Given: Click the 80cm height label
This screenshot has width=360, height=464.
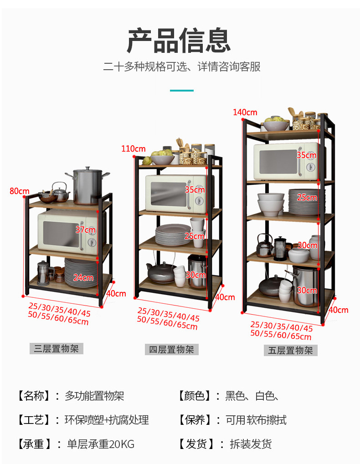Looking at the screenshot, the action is point(19,191).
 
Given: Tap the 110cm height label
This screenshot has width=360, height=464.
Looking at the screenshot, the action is point(133,148).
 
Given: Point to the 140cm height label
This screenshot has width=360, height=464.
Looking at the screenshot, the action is point(245,112).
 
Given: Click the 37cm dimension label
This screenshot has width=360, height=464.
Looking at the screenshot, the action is point(86,230).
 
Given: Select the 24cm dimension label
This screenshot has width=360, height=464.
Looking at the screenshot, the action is point(83,277).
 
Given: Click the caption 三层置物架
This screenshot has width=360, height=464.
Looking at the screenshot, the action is point(57,349).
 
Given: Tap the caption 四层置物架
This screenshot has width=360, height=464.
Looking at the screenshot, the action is point(172,350).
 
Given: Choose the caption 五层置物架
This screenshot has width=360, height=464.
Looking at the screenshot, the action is point(290,350).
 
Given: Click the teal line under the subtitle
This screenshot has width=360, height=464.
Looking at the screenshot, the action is point(181,91).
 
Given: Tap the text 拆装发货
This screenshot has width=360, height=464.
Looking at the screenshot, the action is point(251,444).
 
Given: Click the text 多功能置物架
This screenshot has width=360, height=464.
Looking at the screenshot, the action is point(94,396).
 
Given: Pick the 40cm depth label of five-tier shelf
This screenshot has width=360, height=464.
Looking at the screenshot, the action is point(338,310).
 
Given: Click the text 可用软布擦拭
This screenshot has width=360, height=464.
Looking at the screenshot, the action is point(256,420).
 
